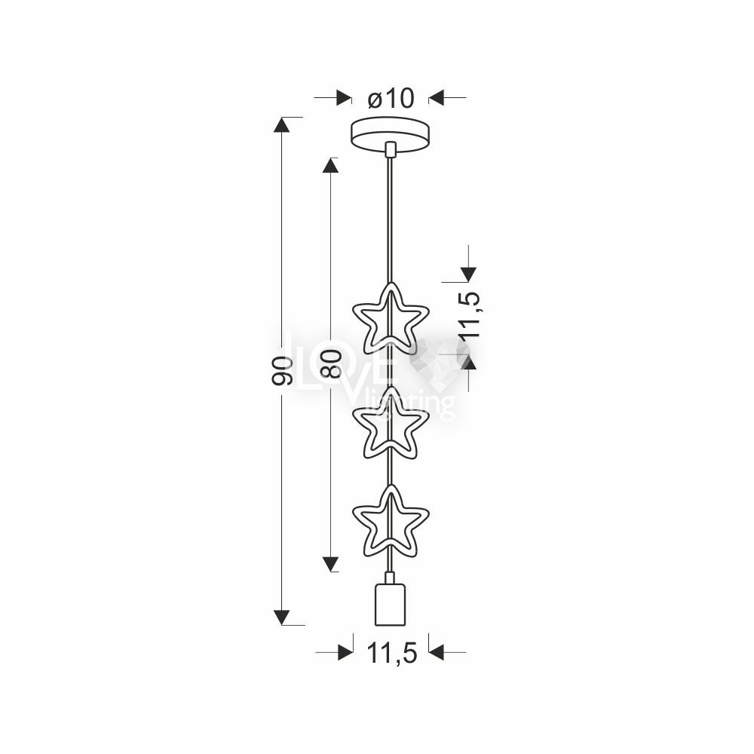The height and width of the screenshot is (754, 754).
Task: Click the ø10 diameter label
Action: [x=391, y=99]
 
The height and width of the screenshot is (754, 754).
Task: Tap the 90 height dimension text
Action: [x=282, y=371]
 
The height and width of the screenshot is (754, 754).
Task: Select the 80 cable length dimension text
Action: [x=331, y=363]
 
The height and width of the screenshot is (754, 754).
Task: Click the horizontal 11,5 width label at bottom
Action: [x=392, y=653]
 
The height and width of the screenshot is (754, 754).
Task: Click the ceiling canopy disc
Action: [x=391, y=135]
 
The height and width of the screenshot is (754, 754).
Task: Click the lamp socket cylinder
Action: [x=390, y=604]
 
